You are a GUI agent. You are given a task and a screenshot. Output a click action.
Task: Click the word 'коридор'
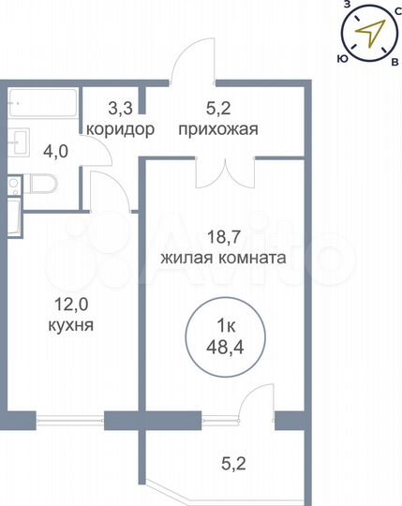120,130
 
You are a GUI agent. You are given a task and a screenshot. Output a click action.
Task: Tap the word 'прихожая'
217,130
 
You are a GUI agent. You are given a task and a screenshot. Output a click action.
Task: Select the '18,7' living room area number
223,237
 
